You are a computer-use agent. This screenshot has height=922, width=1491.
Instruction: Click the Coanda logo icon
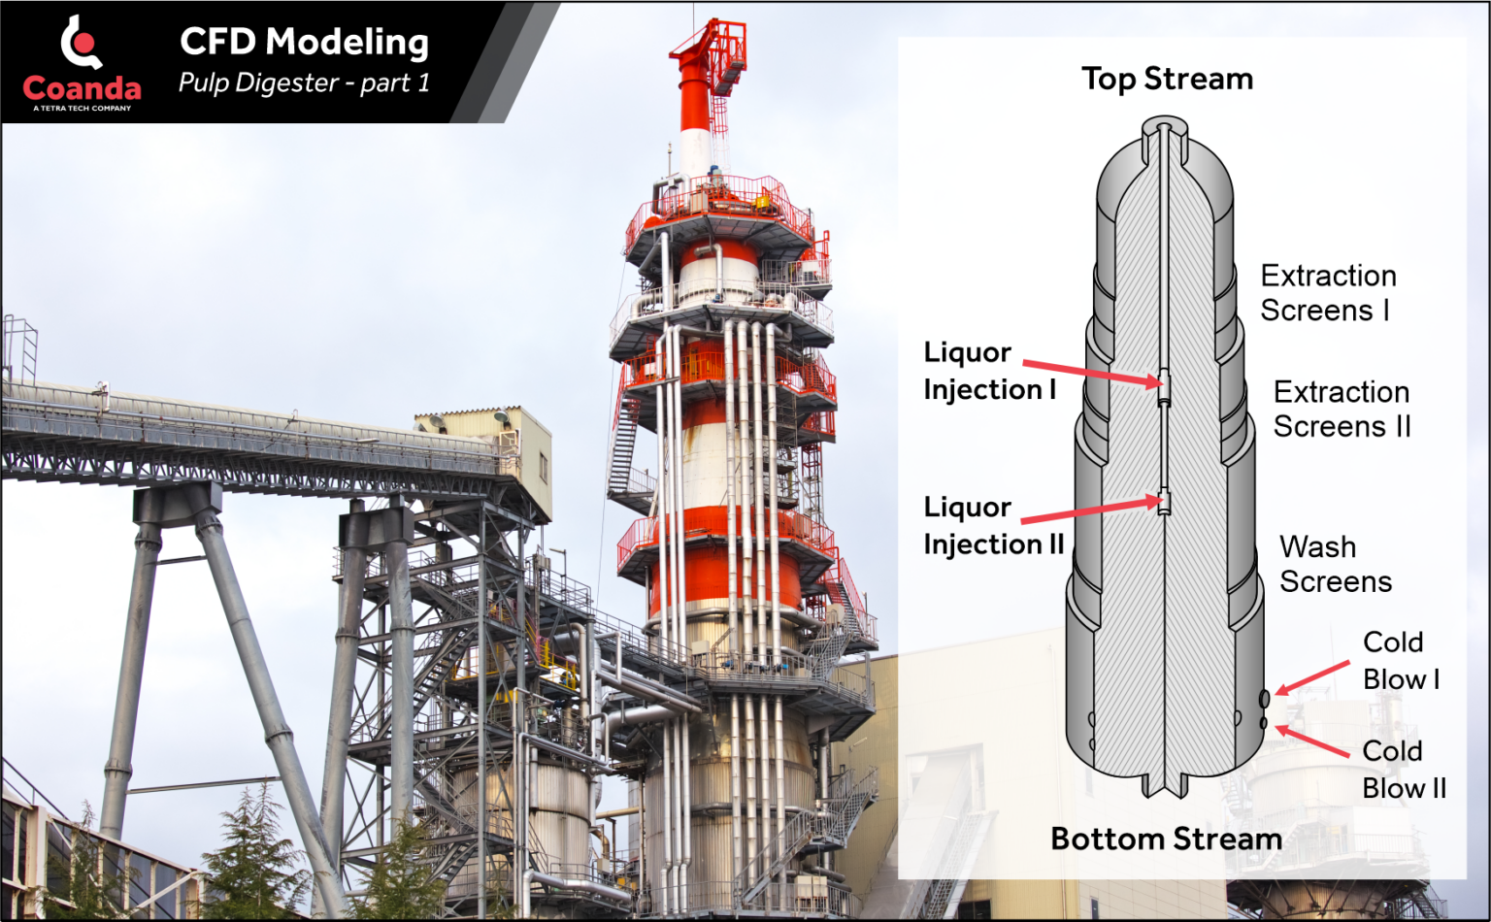[x=82, y=45]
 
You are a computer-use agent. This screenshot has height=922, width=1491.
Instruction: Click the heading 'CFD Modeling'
[x=304, y=42]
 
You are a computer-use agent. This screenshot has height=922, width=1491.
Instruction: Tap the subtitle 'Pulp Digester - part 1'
[x=304, y=83]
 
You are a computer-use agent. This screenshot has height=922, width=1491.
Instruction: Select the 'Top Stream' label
[x=1167, y=79]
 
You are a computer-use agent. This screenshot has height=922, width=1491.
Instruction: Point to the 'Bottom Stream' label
[x=1166, y=839]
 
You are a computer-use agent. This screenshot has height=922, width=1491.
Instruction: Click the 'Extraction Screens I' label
[x=1328, y=293]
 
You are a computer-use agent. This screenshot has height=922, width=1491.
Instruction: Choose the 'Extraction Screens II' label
[x=1342, y=409]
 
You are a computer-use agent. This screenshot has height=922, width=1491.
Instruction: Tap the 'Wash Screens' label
[x=1335, y=564]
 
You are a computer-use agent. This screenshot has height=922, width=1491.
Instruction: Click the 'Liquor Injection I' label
[x=989, y=371]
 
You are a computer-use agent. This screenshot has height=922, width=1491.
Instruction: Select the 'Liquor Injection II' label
[x=993, y=525]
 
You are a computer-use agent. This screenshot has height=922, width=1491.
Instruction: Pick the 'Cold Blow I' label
[x=1400, y=660]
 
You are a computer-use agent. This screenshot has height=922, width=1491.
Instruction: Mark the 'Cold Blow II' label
[x=1403, y=769]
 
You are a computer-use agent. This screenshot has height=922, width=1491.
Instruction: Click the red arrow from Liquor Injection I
[x=1092, y=373]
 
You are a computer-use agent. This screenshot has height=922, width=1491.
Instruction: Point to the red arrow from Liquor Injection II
[x=1090, y=511]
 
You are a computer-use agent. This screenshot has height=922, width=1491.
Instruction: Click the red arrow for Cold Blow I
[x=1311, y=677]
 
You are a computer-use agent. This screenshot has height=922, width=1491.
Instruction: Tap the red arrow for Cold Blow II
[x=1311, y=741]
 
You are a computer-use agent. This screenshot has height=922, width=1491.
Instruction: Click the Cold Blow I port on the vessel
[x=1264, y=699]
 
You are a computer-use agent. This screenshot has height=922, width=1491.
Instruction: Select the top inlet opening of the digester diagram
[x=1164, y=126]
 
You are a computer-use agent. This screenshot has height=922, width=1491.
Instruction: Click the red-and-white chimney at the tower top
[x=695, y=97]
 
